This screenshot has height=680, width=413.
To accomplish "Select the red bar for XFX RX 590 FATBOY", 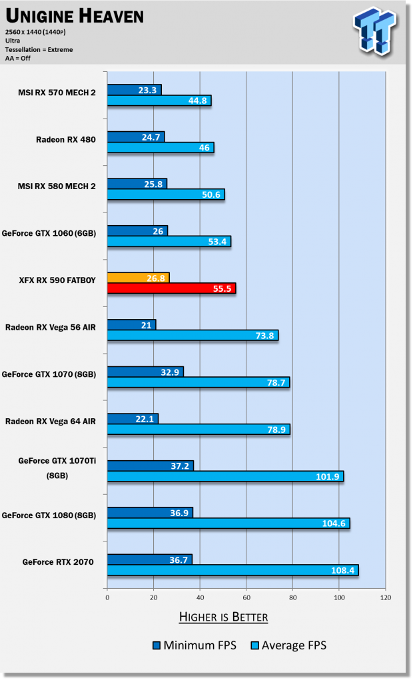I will point(171,288).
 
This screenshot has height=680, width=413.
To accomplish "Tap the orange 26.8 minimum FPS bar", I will point(138,277).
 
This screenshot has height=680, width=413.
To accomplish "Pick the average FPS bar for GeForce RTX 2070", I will point(232,570).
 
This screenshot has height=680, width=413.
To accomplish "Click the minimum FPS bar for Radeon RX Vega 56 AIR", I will point(131,324).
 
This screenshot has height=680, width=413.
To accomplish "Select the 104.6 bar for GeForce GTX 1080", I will point(228,523).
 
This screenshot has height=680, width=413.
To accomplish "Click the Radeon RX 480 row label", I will point(66,140).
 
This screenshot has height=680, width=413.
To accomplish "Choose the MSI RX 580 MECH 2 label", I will point(57,186).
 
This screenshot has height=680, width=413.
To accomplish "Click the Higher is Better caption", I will point(223,617).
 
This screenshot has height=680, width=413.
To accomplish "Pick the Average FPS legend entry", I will point(288,645).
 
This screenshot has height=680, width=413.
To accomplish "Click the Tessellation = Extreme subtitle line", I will point(39,49).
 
